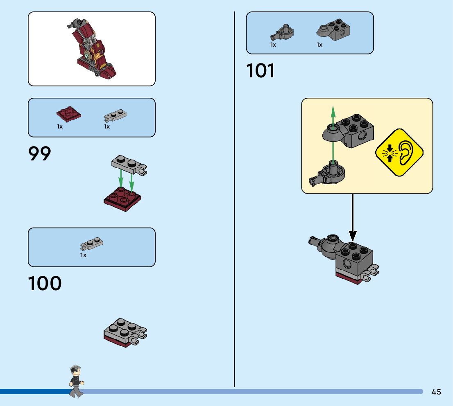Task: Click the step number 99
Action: click(x=40, y=154)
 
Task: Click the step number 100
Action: click(x=45, y=284)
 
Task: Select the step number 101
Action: click(x=260, y=71)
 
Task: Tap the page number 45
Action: click(x=436, y=392)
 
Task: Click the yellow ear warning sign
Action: click(x=399, y=153)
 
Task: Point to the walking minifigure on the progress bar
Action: click(x=76, y=381)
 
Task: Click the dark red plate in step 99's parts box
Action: click(x=68, y=115)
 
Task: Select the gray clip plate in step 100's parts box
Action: click(x=92, y=244)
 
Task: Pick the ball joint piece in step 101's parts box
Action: click(x=282, y=33)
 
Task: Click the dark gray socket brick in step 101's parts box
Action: click(x=333, y=30)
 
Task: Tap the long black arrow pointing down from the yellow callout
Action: click(x=352, y=217)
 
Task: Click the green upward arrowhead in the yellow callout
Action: click(x=333, y=111)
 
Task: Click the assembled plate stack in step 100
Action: click(x=125, y=333)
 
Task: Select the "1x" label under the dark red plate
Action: click(x=60, y=127)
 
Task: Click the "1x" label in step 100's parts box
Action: click(x=84, y=255)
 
